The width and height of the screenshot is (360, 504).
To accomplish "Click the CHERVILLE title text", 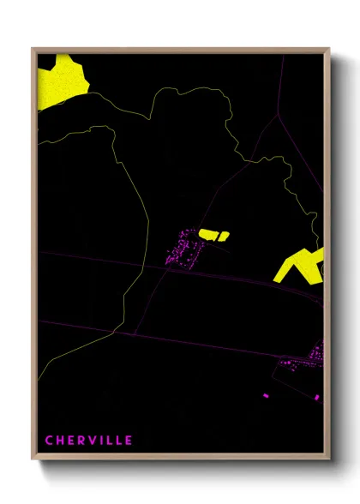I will pyautogui.click(x=89, y=441).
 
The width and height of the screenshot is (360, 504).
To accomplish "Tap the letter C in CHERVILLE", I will pyautogui.click(x=50, y=441).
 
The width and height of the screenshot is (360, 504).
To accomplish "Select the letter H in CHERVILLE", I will pyautogui.click(x=60, y=441).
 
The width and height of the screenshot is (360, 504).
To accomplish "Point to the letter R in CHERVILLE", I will pyautogui.click(x=81, y=441).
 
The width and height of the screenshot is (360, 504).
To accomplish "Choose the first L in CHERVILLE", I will pyautogui.click(x=108, y=441).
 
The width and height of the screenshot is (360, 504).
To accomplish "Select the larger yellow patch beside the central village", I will pyautogui.click(x=209, y=232).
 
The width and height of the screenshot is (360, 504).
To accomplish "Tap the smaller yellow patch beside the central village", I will pyautogui.click(x=225, y=234).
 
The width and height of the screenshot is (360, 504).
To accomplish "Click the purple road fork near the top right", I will pyautogui.click(x=278, y=115).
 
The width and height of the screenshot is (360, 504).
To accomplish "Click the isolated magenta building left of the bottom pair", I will pyautogui.click(x=266, y=395).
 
